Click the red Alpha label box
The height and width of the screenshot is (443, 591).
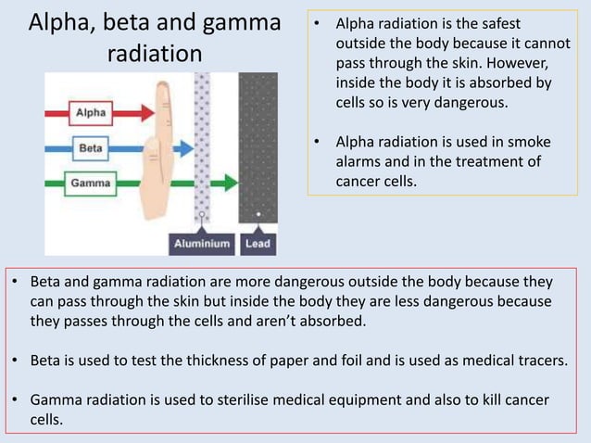point(90,113)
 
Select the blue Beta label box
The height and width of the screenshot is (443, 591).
point(91,147)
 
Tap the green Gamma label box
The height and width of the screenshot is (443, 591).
point(91,183)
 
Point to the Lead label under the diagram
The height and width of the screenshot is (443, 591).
point(258,244)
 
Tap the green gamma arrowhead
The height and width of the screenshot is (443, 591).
point(225,183)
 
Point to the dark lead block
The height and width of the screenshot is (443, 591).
point(258,148)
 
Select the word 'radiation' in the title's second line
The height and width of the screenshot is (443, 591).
point(155,54)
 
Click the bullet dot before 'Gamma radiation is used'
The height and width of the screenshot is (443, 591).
point(16,400)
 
